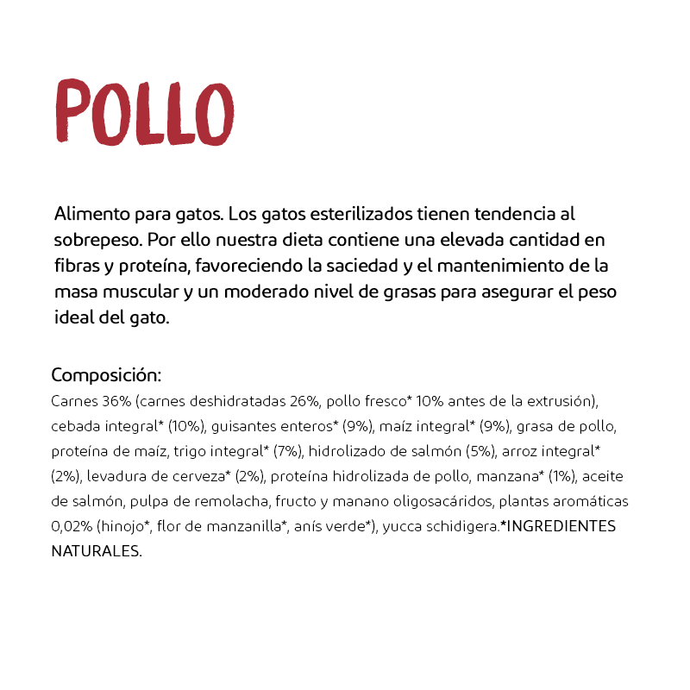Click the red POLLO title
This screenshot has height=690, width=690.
click(144, 112)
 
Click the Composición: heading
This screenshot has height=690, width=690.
click(107, 375)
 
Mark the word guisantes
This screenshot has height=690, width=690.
click(241, 427)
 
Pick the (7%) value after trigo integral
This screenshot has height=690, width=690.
click(287, 451)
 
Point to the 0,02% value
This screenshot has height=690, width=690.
click(72, 526)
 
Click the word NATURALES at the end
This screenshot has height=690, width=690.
click(96, 551)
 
